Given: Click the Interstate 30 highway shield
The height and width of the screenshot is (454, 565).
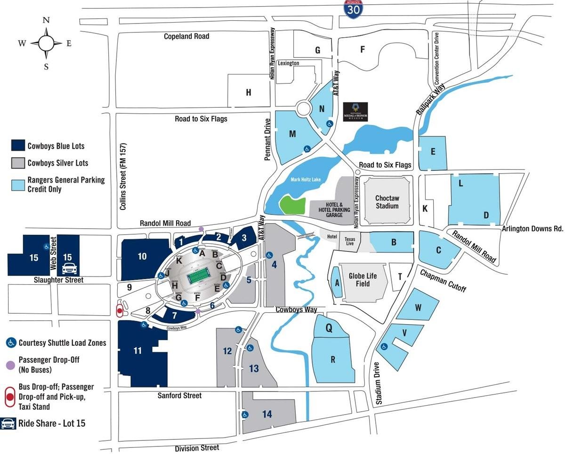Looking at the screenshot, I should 353,9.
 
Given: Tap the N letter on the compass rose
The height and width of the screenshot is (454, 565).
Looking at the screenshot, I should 46,20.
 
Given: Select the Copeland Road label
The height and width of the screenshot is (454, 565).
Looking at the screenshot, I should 186,36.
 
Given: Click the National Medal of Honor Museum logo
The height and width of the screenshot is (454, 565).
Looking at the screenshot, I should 355,112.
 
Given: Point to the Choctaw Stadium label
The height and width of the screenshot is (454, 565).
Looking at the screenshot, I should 387,202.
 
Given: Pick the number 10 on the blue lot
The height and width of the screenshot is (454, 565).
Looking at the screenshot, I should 142,256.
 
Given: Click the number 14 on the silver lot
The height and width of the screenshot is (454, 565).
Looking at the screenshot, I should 267,414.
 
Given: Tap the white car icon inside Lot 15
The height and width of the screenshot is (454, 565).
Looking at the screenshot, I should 69,269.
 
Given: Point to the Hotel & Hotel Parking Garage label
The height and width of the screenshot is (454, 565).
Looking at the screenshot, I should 331,209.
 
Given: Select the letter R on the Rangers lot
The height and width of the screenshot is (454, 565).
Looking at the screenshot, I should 332,360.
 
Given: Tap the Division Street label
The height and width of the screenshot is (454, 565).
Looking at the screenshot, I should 197,448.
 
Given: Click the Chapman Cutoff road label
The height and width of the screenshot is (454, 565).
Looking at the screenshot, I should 443,280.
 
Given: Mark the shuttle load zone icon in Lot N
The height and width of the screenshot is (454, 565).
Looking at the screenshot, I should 330,124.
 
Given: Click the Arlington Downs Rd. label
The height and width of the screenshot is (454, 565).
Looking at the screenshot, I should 533,229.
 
